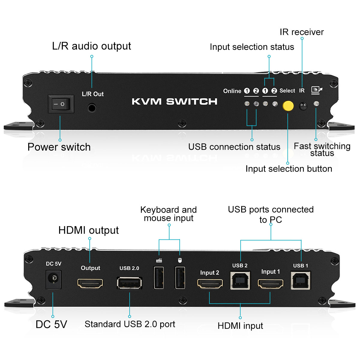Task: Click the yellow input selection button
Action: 288,106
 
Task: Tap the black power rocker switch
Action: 61,104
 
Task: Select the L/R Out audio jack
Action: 92,107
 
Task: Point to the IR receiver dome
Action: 303,106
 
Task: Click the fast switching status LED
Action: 316,104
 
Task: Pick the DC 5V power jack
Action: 53,279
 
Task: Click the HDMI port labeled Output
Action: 90,283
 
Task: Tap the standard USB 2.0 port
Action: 129,283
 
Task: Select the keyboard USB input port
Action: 159,277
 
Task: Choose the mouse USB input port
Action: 180,277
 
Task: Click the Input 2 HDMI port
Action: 210,283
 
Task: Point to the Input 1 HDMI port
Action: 271,283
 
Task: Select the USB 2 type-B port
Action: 240,280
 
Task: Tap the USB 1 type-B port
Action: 301,280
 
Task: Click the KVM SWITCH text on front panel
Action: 175,102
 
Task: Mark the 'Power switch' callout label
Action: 59,147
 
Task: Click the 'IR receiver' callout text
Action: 301,32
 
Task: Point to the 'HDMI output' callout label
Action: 88,230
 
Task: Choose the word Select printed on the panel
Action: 287,91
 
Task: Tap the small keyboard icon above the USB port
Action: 159,260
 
